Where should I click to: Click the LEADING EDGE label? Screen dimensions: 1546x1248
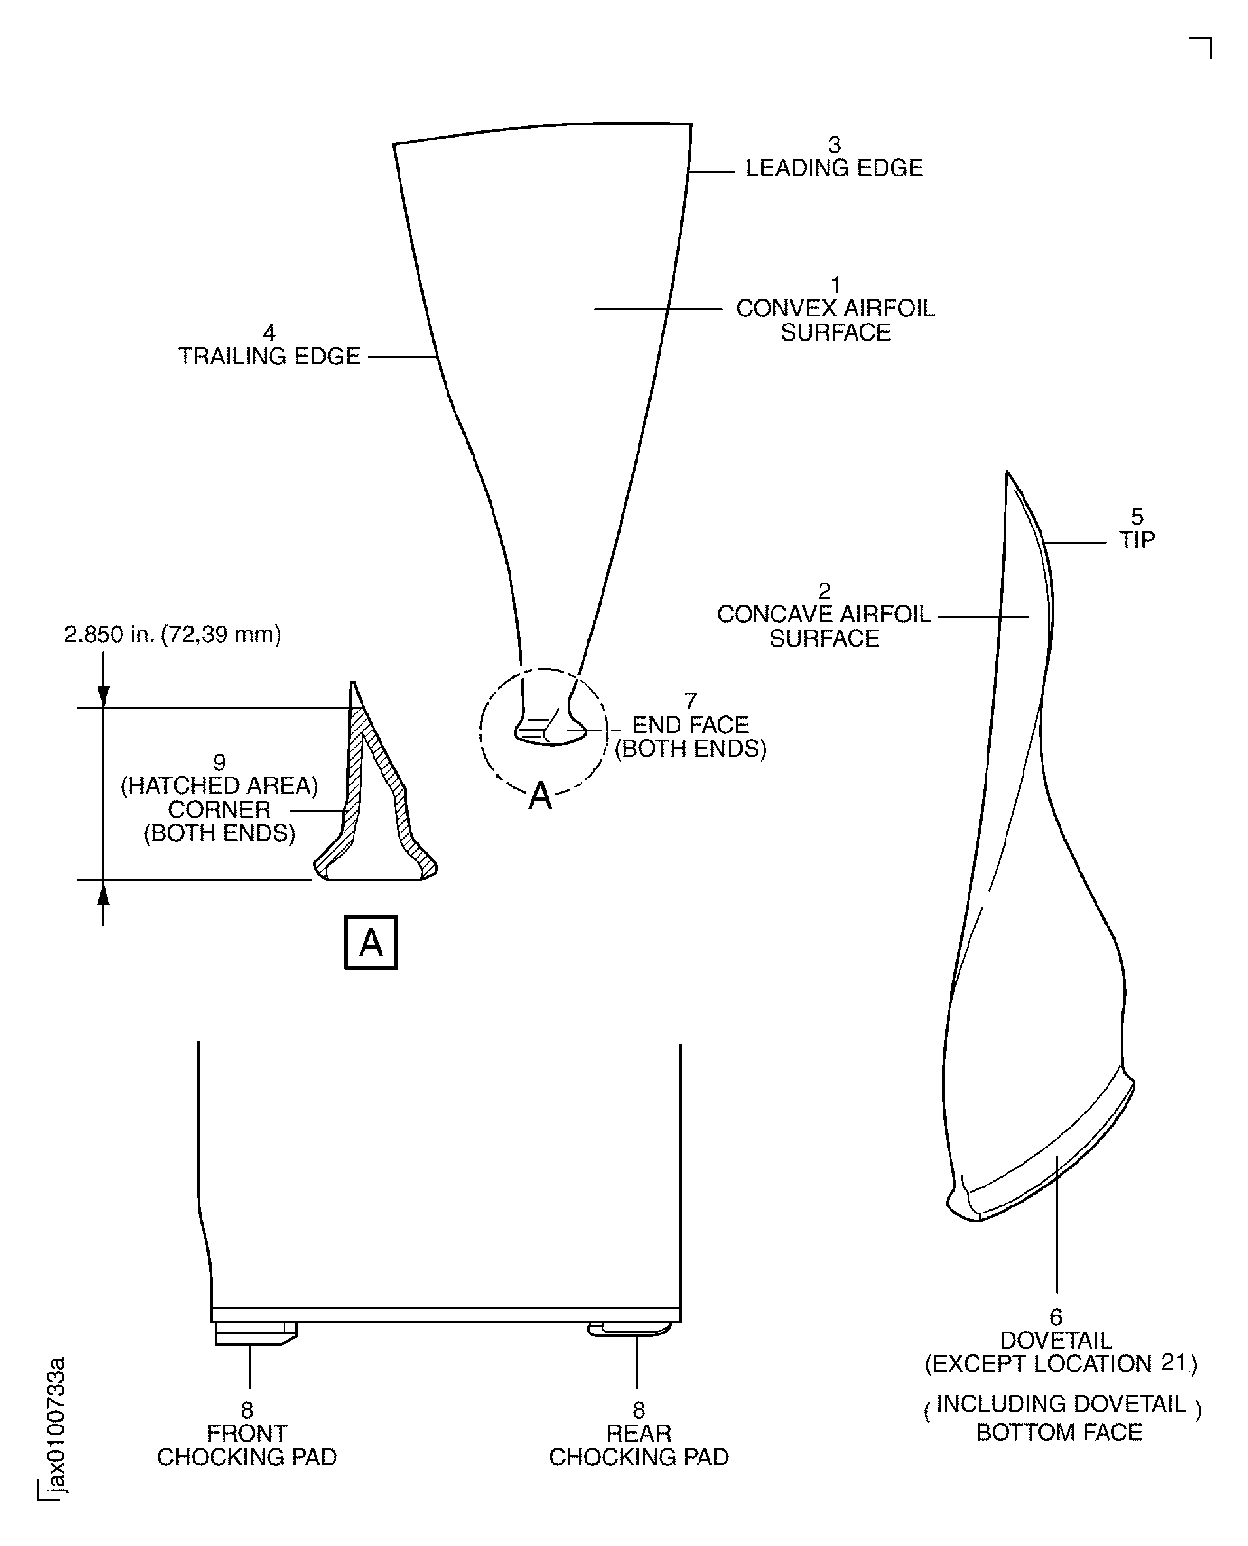(834, 168)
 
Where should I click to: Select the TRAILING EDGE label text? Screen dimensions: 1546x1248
(270, 356)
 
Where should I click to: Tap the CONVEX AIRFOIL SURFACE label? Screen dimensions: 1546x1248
(835, 320)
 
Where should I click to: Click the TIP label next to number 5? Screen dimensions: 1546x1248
(1136, 540)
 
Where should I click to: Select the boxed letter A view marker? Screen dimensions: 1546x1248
(371, 942)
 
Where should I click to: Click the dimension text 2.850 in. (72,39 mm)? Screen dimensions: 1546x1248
(173, 635)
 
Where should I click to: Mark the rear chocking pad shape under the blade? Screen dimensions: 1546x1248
(629, 1330)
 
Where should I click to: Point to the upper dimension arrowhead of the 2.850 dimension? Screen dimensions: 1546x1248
(103, 696)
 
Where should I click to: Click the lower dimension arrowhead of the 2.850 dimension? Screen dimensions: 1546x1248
(103, 893)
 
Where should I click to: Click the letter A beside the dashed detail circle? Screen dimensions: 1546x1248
(540, 797)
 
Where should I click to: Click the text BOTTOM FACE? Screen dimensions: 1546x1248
(1059, 1433)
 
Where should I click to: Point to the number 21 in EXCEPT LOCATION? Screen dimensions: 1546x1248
(1173, 1363)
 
